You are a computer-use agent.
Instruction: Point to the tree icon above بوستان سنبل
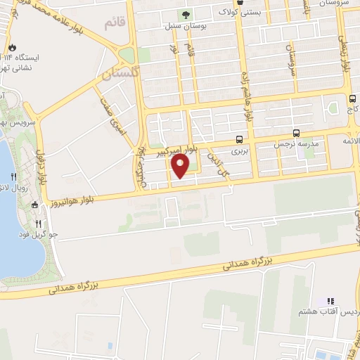pos(186,14)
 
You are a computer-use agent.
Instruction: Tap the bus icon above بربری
pos(240,139)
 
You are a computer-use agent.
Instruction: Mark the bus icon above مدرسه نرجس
pos(296,133)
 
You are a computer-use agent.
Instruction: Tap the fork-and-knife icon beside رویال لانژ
pos(13,176)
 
